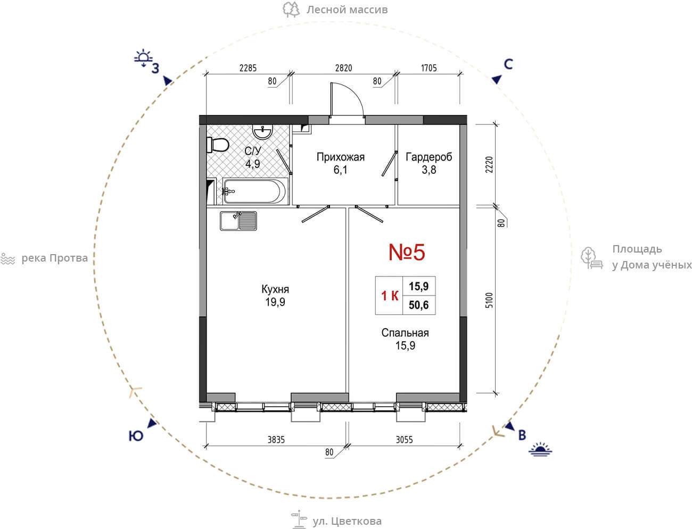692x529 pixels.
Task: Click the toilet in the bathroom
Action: tap(218, 145)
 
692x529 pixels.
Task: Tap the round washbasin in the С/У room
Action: tap(262, 132)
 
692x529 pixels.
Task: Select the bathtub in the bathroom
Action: tap(255, 191)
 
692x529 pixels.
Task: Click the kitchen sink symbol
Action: tap(238, 221)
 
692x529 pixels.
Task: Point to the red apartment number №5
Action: tap(407, 252)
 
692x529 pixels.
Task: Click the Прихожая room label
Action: tap(341, 157)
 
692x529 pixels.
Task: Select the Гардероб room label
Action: tap(429, 157)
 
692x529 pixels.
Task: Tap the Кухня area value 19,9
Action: tap(275, 302)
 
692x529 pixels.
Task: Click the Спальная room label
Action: tap(405, 332)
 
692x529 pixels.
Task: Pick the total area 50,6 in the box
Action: tap(419, 305)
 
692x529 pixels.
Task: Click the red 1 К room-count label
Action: tap(390, 296)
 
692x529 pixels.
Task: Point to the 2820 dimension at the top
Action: tap(343, 68)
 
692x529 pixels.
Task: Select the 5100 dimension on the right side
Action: tap(488, 300)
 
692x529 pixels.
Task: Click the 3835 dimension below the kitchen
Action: tap(276, 440)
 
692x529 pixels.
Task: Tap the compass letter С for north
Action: tap(508, 64)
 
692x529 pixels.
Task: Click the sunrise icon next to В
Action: tap(540, 449)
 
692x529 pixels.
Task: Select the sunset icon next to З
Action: tap(143, 58)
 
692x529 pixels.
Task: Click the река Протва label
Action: tap(54, 258)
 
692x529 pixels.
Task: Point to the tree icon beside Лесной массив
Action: tap(291, 10)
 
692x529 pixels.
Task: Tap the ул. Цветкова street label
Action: tap(347, 521)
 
